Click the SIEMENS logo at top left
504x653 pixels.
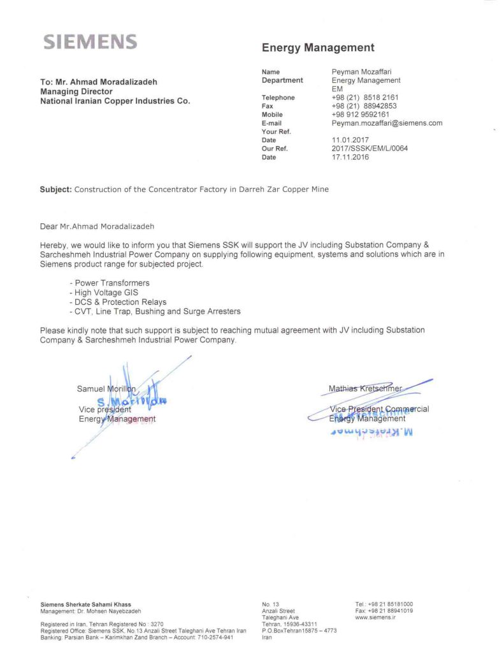pyautogui.click(x=90, y=43)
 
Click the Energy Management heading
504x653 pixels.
pyautogui.click(x=318, y=48)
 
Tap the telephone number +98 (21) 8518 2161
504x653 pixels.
pyautogui.click(x=364, y=98)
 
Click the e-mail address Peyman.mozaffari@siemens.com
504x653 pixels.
pyautogui.click(x=387, y=123)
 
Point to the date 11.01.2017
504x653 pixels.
pyautogui.click(x=350, y=140)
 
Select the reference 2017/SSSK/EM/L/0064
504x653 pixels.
pyautogui.click(x=370, y=149)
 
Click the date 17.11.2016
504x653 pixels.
pyautogui.click(x=350, y=157)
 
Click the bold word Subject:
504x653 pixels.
pyautogui.click(x=55, y=189)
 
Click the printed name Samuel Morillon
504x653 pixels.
pyautogui.click(x=106, y=388)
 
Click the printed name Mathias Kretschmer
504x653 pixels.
pyautogui.click(x=365, y=388)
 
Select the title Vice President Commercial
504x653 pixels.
pyautogui.click(x=379, y=409)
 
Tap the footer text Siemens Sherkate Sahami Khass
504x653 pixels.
pyautogui.click(x=85, y=604)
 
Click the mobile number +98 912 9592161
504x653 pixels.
pyautogui.click(x=360, y=115)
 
